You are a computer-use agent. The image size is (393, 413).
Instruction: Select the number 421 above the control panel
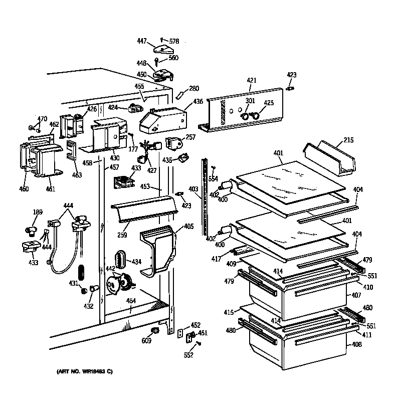(x=252, y=80)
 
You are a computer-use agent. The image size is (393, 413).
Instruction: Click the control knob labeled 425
(x=256, y=117)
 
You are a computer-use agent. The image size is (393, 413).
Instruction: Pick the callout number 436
(x=198, y=102)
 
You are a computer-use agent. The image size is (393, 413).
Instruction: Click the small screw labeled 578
(x=161, y=40)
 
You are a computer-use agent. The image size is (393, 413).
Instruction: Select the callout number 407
(x=355, y=295)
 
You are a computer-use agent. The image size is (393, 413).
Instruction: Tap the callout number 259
(x=121, y=234)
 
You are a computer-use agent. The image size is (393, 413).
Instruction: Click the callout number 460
(x=24, y=189)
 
